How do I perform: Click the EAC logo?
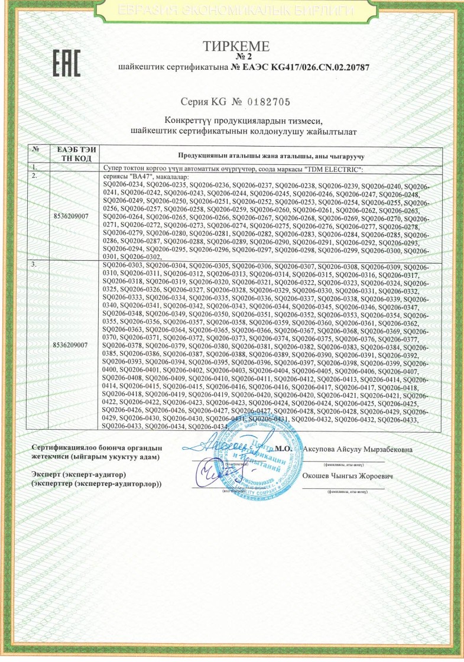67,62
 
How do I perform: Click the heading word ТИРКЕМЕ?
236,47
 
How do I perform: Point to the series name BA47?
138,177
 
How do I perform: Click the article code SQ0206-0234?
122,185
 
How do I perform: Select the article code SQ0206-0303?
122,267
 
